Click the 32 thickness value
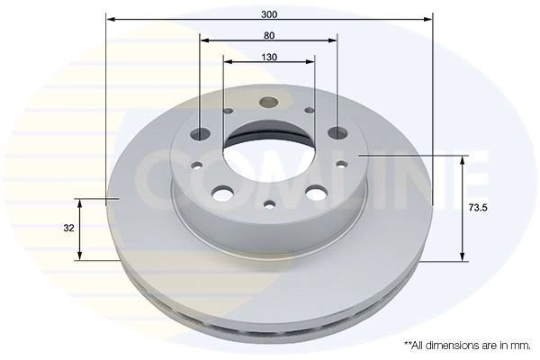[68, 229]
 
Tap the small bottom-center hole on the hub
[268, 205]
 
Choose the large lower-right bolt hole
[315, 192]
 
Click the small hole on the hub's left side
[197, 165]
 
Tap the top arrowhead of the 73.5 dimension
[463, 160]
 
